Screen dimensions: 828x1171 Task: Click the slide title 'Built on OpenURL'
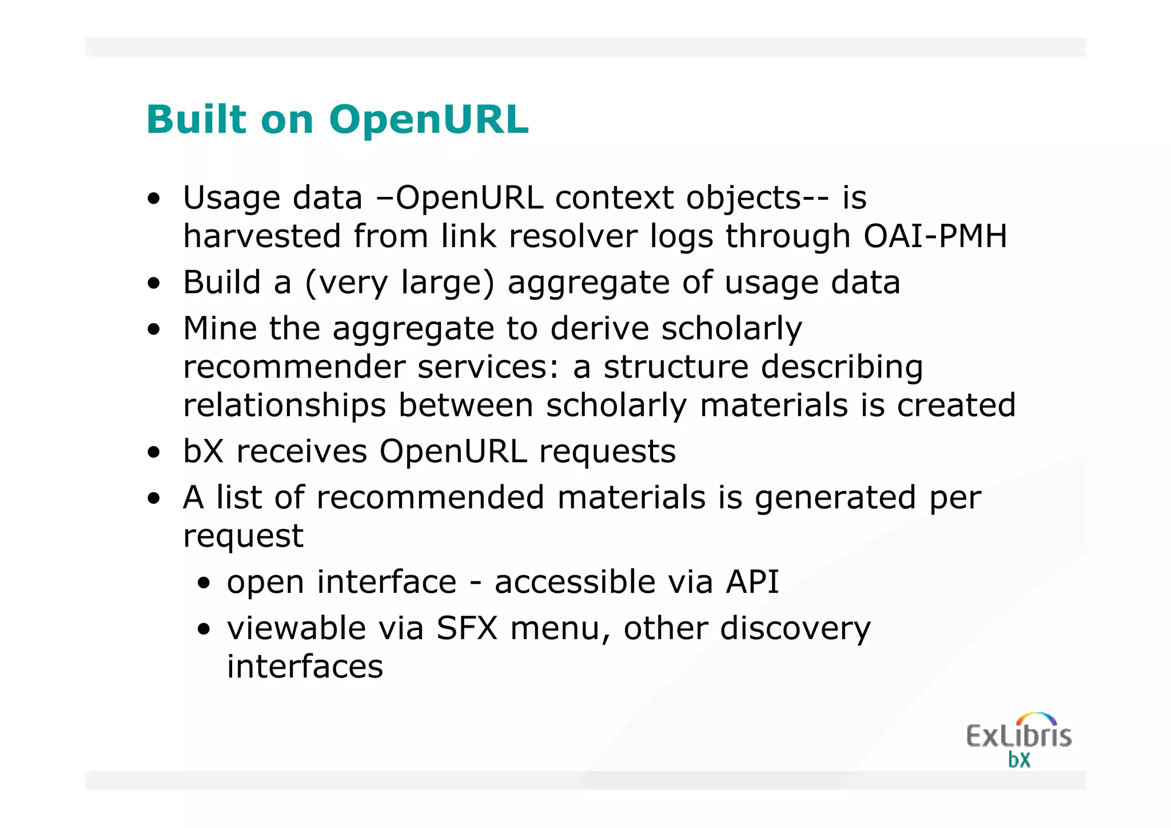(x=337, y=120)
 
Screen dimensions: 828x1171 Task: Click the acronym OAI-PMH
(x=935, y=236)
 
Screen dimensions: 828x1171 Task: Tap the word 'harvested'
(x=262, y=236)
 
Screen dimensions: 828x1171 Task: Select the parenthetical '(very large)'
(x=400, y=283)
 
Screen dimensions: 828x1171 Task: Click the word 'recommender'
(x=294, y=367)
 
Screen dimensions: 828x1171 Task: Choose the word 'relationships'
(x=284, y=405)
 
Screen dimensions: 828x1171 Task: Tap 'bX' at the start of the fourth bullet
(x=203, y=451)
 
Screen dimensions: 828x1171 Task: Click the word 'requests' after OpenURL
(x=607, y=451)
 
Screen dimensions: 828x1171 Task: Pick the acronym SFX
(x=467, y=628)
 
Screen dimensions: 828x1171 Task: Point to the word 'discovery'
(x=795, y=628)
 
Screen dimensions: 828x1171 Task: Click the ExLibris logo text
(x=1018, y=735)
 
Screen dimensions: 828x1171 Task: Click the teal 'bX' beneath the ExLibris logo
(x=1019, y=760)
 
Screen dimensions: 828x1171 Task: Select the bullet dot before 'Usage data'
(x=153, y=199)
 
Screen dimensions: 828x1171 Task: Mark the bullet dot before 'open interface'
(x=204, y=584)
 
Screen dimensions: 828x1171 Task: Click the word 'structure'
(x=676, y=367)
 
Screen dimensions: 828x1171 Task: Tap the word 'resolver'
(x=572, y=236)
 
